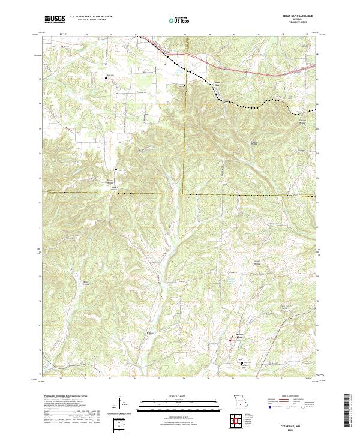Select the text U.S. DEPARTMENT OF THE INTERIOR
[x=91, y=17]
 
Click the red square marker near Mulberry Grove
[x=231, y=341]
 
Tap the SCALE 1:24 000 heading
[x=179, y=396]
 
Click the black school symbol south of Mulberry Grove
[x=242, y=362]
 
